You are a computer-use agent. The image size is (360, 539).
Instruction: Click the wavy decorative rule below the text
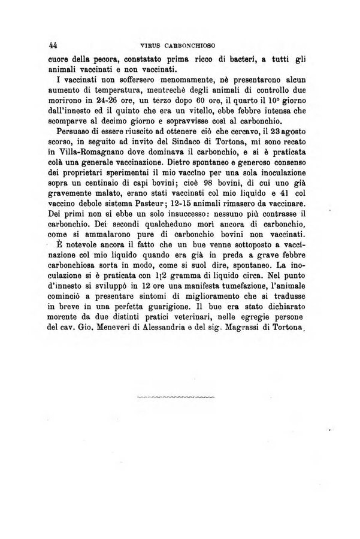click(x=175, y=396)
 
